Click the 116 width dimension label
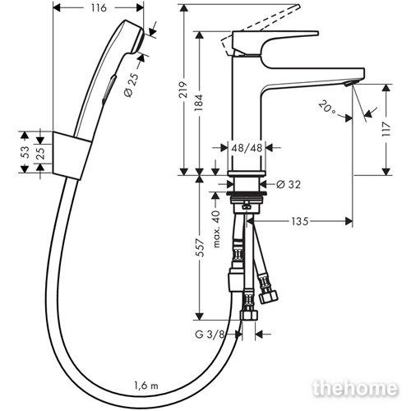tap(99, 8)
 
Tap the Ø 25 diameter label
tap(132, 85)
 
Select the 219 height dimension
tap(183, 90)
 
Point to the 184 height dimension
tap(198, 103)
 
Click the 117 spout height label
tap(386, 129)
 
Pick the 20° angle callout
tap(327, 108)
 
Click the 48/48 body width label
tap(247, 148)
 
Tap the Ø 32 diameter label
tap(289, 184)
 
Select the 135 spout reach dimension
tap(300, 221)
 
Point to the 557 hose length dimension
tap(201, 247)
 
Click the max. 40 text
tap(216, 229)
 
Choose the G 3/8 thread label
tap(210, 335)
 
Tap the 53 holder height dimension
tap(25, 152)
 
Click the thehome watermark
tap(355, 388)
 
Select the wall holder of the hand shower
tap(72, 155)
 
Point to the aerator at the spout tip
tap(349, 83)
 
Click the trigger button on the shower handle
tap(109, 90)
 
